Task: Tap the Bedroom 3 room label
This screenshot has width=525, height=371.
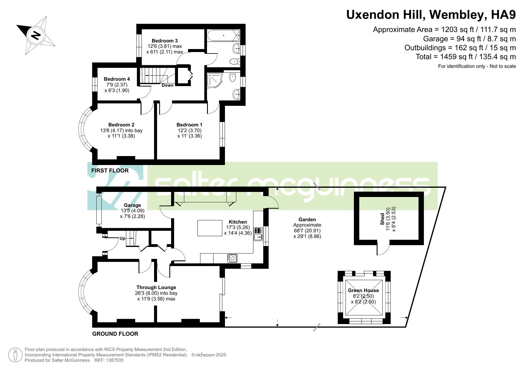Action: click(x=165, y=41)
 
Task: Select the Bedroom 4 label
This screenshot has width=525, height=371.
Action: click(x=117, y=79)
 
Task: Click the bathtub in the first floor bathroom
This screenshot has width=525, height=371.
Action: click(x=223, y=36)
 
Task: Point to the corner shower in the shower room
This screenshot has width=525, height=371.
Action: click(x=214, y=80)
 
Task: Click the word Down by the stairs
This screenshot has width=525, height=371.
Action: click(x=168, y=85)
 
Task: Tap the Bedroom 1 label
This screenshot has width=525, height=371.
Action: click(x=189, y=125)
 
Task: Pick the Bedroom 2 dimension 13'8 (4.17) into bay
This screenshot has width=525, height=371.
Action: click(x=121, y=130)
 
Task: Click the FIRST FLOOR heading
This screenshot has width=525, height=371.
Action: click(x=110, y=170)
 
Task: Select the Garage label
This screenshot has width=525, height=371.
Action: click(x=132, y=205)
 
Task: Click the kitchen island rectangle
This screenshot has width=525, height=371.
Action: click(x=210, y=228)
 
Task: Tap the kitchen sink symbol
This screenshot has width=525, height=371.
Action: click(x=258, y=234)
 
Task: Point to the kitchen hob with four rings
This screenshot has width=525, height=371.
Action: click(x=232, y=258)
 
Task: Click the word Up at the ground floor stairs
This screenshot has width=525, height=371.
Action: click(x=122, y=238)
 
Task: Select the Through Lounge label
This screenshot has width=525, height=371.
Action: click(x=156, y=287)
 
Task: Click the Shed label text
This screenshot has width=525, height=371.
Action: click(x=382, y=219)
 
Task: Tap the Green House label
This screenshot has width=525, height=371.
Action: click(x=363, y=290)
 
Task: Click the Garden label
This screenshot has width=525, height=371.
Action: click(x=307, y=219)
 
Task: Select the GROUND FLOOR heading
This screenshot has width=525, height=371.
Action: click(x=115, y=334)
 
